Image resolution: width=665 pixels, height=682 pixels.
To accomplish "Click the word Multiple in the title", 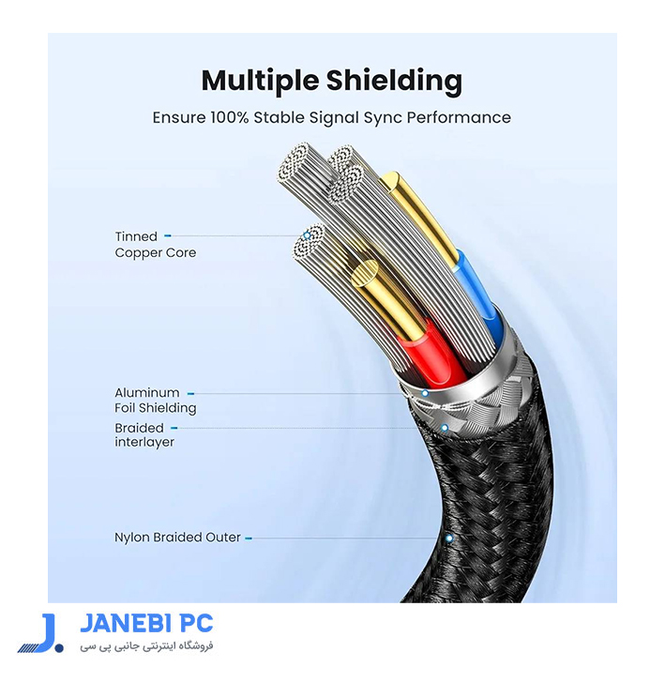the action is click(260, 81).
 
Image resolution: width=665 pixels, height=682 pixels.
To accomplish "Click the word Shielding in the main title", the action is click(394, 81).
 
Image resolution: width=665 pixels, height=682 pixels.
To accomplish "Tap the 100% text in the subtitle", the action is click(230, 117).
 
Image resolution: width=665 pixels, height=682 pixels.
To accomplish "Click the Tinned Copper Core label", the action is click(156, 245).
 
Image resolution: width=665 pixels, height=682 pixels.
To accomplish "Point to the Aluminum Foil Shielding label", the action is click(156, 401).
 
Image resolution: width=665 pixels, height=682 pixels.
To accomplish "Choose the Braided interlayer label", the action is click(144, 435).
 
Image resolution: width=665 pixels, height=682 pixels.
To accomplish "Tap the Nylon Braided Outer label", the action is click(177, 538).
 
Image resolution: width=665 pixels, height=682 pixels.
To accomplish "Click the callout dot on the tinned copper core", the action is click(307, 235).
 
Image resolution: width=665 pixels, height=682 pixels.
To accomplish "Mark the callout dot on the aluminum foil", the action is click(425, 393).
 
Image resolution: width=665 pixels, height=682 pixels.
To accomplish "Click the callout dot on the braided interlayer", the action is click(445, 428).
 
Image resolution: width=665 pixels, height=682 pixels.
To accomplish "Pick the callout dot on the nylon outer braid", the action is click(449, 538).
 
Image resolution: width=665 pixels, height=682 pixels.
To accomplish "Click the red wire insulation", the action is click(431, 353).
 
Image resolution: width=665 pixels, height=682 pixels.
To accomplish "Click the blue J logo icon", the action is click(41, 633).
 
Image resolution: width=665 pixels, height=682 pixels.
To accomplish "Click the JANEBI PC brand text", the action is click(146, 624).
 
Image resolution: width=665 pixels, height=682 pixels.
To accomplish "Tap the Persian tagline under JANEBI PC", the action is click(146, 646).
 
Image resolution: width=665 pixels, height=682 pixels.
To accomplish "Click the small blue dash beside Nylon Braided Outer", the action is click(249, 538).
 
